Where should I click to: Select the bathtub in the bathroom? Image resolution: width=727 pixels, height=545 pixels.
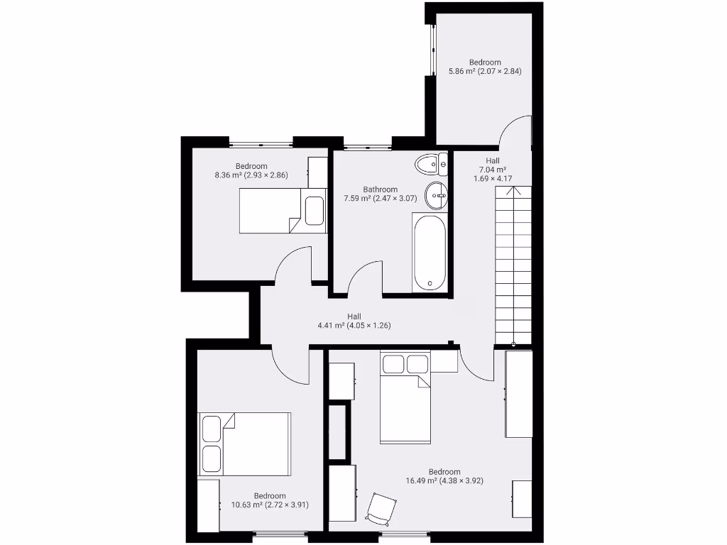point(430,253)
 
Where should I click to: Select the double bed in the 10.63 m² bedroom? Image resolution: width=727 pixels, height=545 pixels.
point(245,444)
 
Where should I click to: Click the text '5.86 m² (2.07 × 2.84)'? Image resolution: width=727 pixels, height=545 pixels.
point(485,71)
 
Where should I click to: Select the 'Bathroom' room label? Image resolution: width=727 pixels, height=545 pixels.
point(380,189)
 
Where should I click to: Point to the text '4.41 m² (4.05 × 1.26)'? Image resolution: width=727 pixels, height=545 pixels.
point(354,326)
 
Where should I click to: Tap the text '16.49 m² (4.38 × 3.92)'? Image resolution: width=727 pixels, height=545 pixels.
point(444,481)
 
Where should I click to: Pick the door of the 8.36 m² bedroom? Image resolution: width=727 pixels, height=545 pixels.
point(293,266)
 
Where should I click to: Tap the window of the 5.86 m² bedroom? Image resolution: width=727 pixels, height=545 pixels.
point(430,50)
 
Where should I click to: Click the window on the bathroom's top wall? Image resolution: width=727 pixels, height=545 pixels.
point(367,146)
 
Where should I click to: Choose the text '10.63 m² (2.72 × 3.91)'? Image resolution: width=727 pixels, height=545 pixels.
point(270,505)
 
